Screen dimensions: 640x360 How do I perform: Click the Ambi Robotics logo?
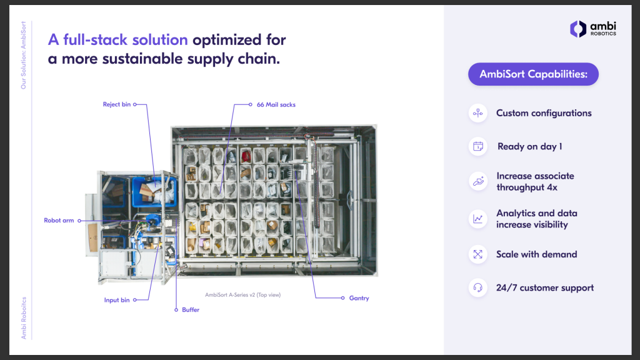593,29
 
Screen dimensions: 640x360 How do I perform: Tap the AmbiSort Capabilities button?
533,74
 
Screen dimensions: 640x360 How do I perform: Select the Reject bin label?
117,104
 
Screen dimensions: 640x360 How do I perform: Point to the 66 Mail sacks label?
276,105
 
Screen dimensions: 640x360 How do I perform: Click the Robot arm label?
59,221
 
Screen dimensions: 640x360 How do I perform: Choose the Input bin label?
117,300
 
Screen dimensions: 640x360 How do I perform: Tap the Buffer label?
191,310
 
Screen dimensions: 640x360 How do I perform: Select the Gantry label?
359,298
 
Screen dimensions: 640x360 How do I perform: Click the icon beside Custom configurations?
478,113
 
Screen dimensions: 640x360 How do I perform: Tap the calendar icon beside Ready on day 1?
478,146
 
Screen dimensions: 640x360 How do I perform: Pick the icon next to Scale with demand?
478,254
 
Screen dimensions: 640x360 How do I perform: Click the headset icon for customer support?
478,287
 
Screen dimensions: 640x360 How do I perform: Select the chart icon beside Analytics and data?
478,219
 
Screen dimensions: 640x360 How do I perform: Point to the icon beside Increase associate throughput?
478,182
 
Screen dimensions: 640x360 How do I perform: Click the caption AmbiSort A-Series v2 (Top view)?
243,295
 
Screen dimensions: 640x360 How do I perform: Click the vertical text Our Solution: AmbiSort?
23,55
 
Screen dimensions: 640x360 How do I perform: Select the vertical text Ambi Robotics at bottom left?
24,318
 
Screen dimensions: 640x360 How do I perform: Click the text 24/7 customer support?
545,287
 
